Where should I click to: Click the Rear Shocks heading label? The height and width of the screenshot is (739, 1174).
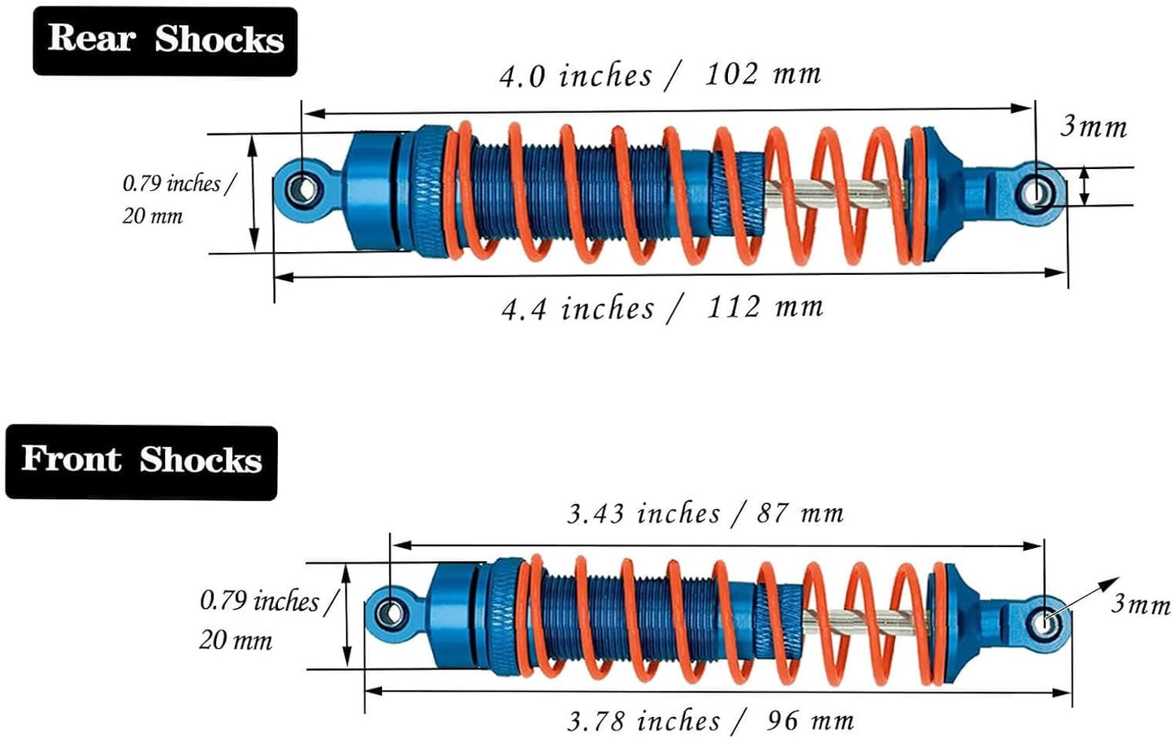[165, 41]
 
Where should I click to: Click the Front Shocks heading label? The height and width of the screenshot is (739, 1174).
[141, 461]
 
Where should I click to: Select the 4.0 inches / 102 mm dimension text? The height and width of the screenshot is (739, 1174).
[660, 76]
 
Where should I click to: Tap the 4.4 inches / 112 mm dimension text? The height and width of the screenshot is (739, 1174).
[662, 308]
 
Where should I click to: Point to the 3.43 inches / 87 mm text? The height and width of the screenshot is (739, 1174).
[705, 514]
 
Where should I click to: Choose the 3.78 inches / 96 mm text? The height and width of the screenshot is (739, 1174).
[709, 720]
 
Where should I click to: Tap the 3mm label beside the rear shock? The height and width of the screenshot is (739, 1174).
[1094, 127]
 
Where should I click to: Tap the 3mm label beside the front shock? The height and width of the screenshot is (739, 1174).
[1141, 604]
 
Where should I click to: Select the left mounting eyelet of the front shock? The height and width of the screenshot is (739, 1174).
[392, 611]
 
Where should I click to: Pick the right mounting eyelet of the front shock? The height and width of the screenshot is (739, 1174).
[1046, 622]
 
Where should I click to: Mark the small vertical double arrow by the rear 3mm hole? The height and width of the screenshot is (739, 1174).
[1085, 186]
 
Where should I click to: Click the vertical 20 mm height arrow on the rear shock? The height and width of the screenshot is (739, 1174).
[253, 193]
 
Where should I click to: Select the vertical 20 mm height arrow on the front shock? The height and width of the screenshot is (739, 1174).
[347, 615]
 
